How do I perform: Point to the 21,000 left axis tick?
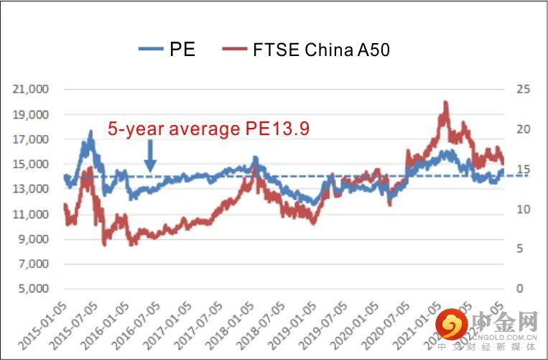(30, 90)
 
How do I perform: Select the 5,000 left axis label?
(32, 290)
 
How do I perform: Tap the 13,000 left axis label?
(30, 190)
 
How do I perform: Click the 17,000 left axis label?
(30, 139)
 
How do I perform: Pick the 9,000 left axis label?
(32, 239)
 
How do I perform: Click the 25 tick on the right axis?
(522, 90)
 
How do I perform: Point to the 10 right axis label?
(522, 210)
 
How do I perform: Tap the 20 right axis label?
(522, 130)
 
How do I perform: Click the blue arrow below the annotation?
(150, 156)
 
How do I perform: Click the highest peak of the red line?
(446, 103)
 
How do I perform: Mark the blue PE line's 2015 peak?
(90, 132)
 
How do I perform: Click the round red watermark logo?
(452, 325)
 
